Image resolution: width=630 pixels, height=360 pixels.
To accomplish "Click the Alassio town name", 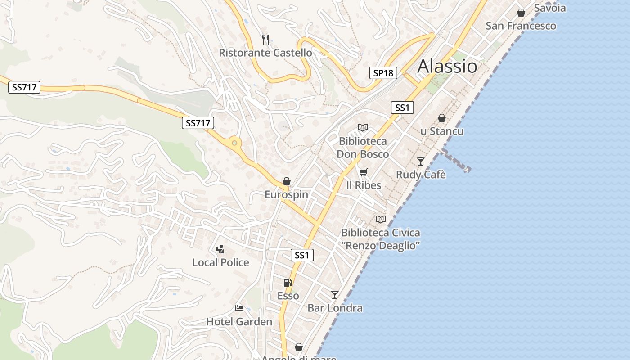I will [447, 67].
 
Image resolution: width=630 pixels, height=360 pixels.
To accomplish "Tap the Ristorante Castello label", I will [265, 53].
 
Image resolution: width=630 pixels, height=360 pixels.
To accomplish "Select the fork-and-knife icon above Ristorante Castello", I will [265, 40].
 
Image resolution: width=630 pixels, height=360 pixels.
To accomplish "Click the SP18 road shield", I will [383, 73].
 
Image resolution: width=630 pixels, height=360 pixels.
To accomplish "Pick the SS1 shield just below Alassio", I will [402, 108].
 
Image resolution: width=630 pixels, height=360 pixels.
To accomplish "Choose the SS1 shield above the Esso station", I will [302, 255].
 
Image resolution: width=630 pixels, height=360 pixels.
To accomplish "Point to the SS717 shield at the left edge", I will [24, 87].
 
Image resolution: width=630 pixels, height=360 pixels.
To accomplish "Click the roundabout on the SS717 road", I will [234, 144].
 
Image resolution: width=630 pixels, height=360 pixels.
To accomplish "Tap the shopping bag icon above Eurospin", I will [287, 181].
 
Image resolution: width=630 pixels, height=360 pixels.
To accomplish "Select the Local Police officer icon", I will [220, 249].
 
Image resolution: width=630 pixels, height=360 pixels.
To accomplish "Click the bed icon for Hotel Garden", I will [239, 308].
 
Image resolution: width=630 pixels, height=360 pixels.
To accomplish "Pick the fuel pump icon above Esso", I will [288, 283].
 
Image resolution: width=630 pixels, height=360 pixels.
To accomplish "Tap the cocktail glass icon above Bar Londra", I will [335, 295].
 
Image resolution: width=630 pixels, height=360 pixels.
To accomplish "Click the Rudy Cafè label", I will [421, 175].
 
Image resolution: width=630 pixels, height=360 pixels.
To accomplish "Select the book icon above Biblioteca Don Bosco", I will [363, 128].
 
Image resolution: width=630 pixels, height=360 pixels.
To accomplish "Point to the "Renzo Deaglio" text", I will [381, 246].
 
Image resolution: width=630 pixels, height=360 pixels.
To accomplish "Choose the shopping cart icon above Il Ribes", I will [364, 172].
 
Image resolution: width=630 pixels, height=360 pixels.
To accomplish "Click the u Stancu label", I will [442, 131].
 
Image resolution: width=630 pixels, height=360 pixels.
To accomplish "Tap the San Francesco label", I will [521, 26].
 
